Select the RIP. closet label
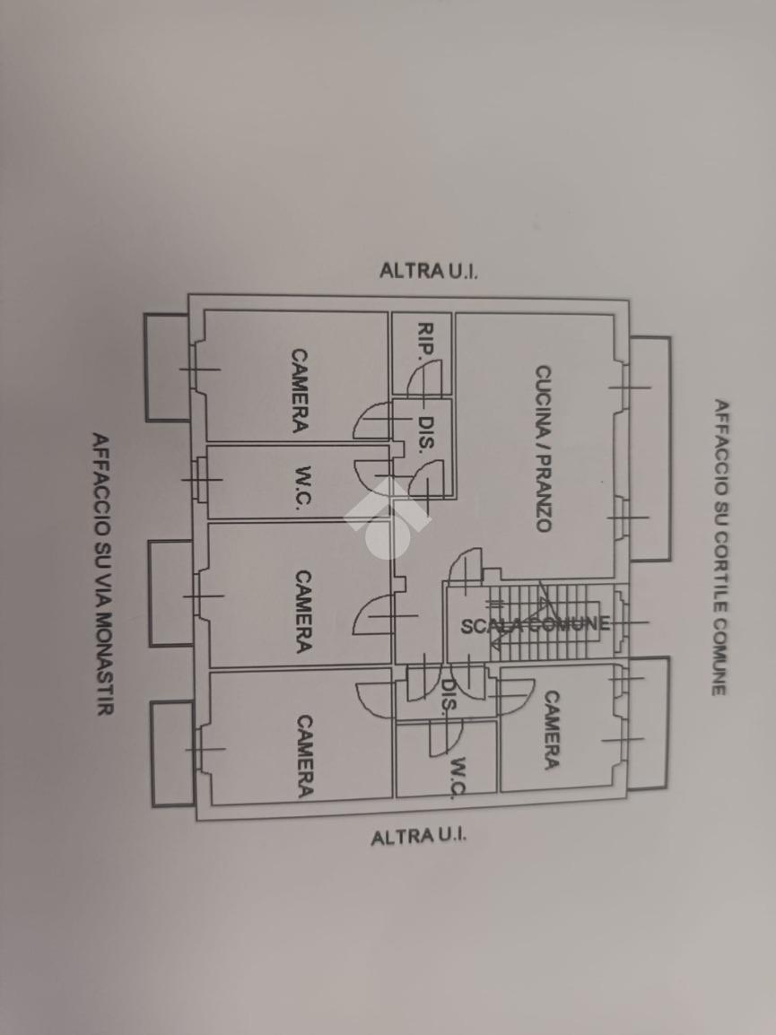(425, 340)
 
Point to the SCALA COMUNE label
(536, 625)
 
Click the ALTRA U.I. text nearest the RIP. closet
(429, 270)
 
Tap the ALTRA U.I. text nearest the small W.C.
(420, 838)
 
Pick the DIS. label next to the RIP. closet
(428, 436)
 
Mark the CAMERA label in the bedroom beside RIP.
(299, 391)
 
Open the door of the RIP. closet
(425, 377)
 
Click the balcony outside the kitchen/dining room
(651, 448)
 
